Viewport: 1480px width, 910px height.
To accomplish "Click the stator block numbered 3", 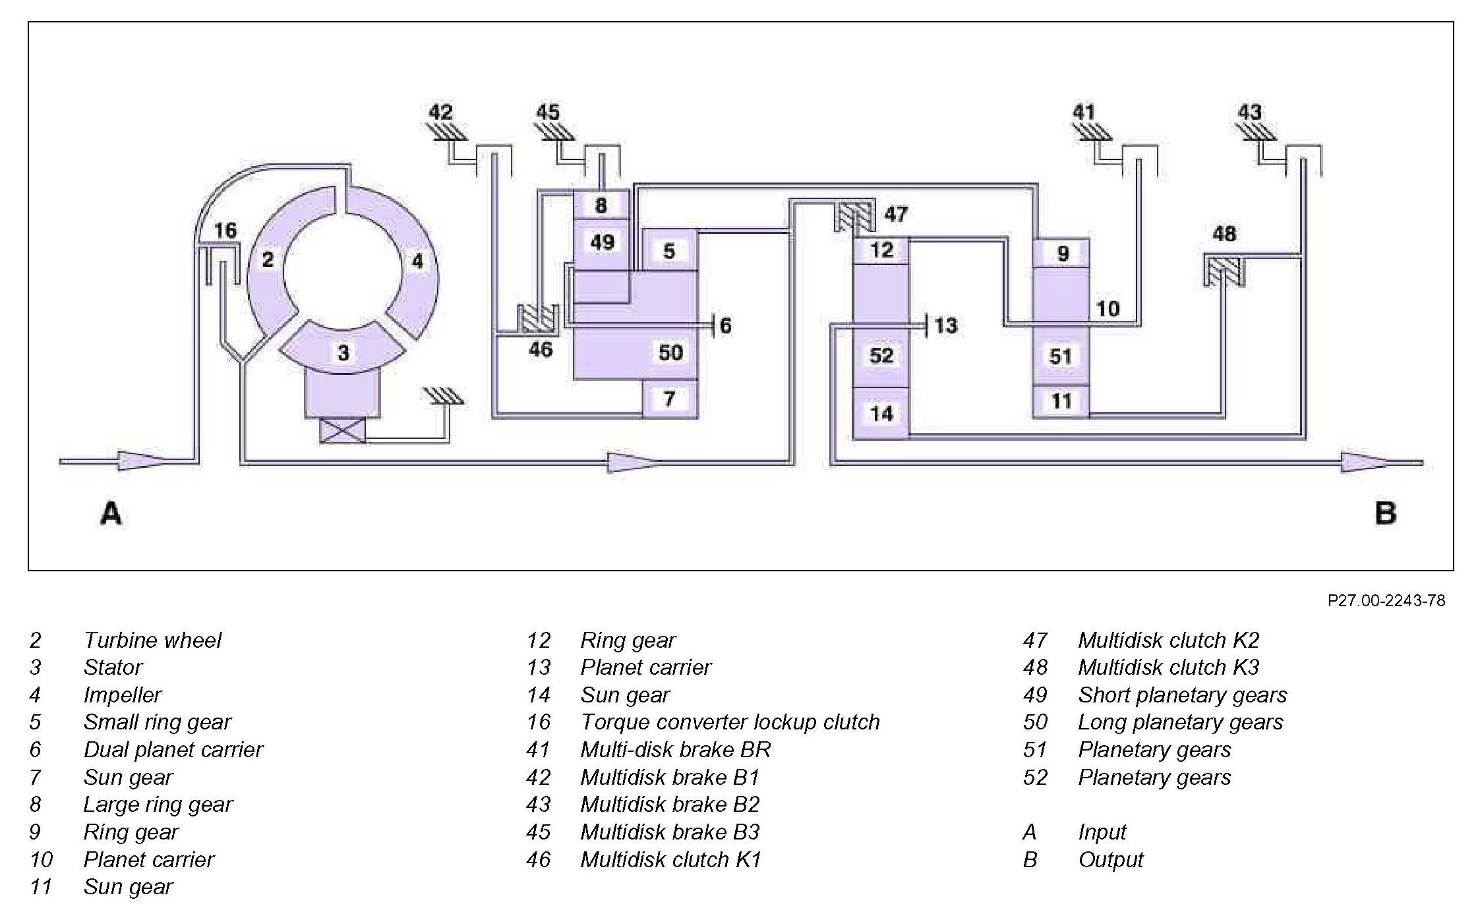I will click(343, 352).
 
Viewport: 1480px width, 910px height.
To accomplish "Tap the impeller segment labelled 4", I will click(417, 261).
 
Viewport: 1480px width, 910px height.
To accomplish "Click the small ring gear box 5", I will click(669, 250).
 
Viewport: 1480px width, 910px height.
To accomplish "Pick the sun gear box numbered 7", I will click(669, 399).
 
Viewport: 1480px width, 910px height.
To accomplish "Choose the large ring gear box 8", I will click(601, 205).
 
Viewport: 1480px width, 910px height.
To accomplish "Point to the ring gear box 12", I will click(881, 250).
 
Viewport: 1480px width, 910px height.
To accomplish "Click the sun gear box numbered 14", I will click(881, 413).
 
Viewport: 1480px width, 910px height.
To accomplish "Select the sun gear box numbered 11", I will click(1061, 401).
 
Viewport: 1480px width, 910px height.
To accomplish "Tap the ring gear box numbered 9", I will click(1061, 252).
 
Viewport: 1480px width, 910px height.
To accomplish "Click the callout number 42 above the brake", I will click(441, 112).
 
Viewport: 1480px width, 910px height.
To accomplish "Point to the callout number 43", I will click(1249, 112).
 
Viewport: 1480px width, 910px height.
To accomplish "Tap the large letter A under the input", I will click(111, 513).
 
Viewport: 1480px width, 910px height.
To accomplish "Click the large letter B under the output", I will click(1385, 513).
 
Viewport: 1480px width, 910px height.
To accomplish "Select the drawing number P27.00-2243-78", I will click(1386, 600).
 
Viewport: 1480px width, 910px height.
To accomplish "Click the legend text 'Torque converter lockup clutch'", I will click(730, 722).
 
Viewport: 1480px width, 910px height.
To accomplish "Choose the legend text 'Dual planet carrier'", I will click(173, 750).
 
